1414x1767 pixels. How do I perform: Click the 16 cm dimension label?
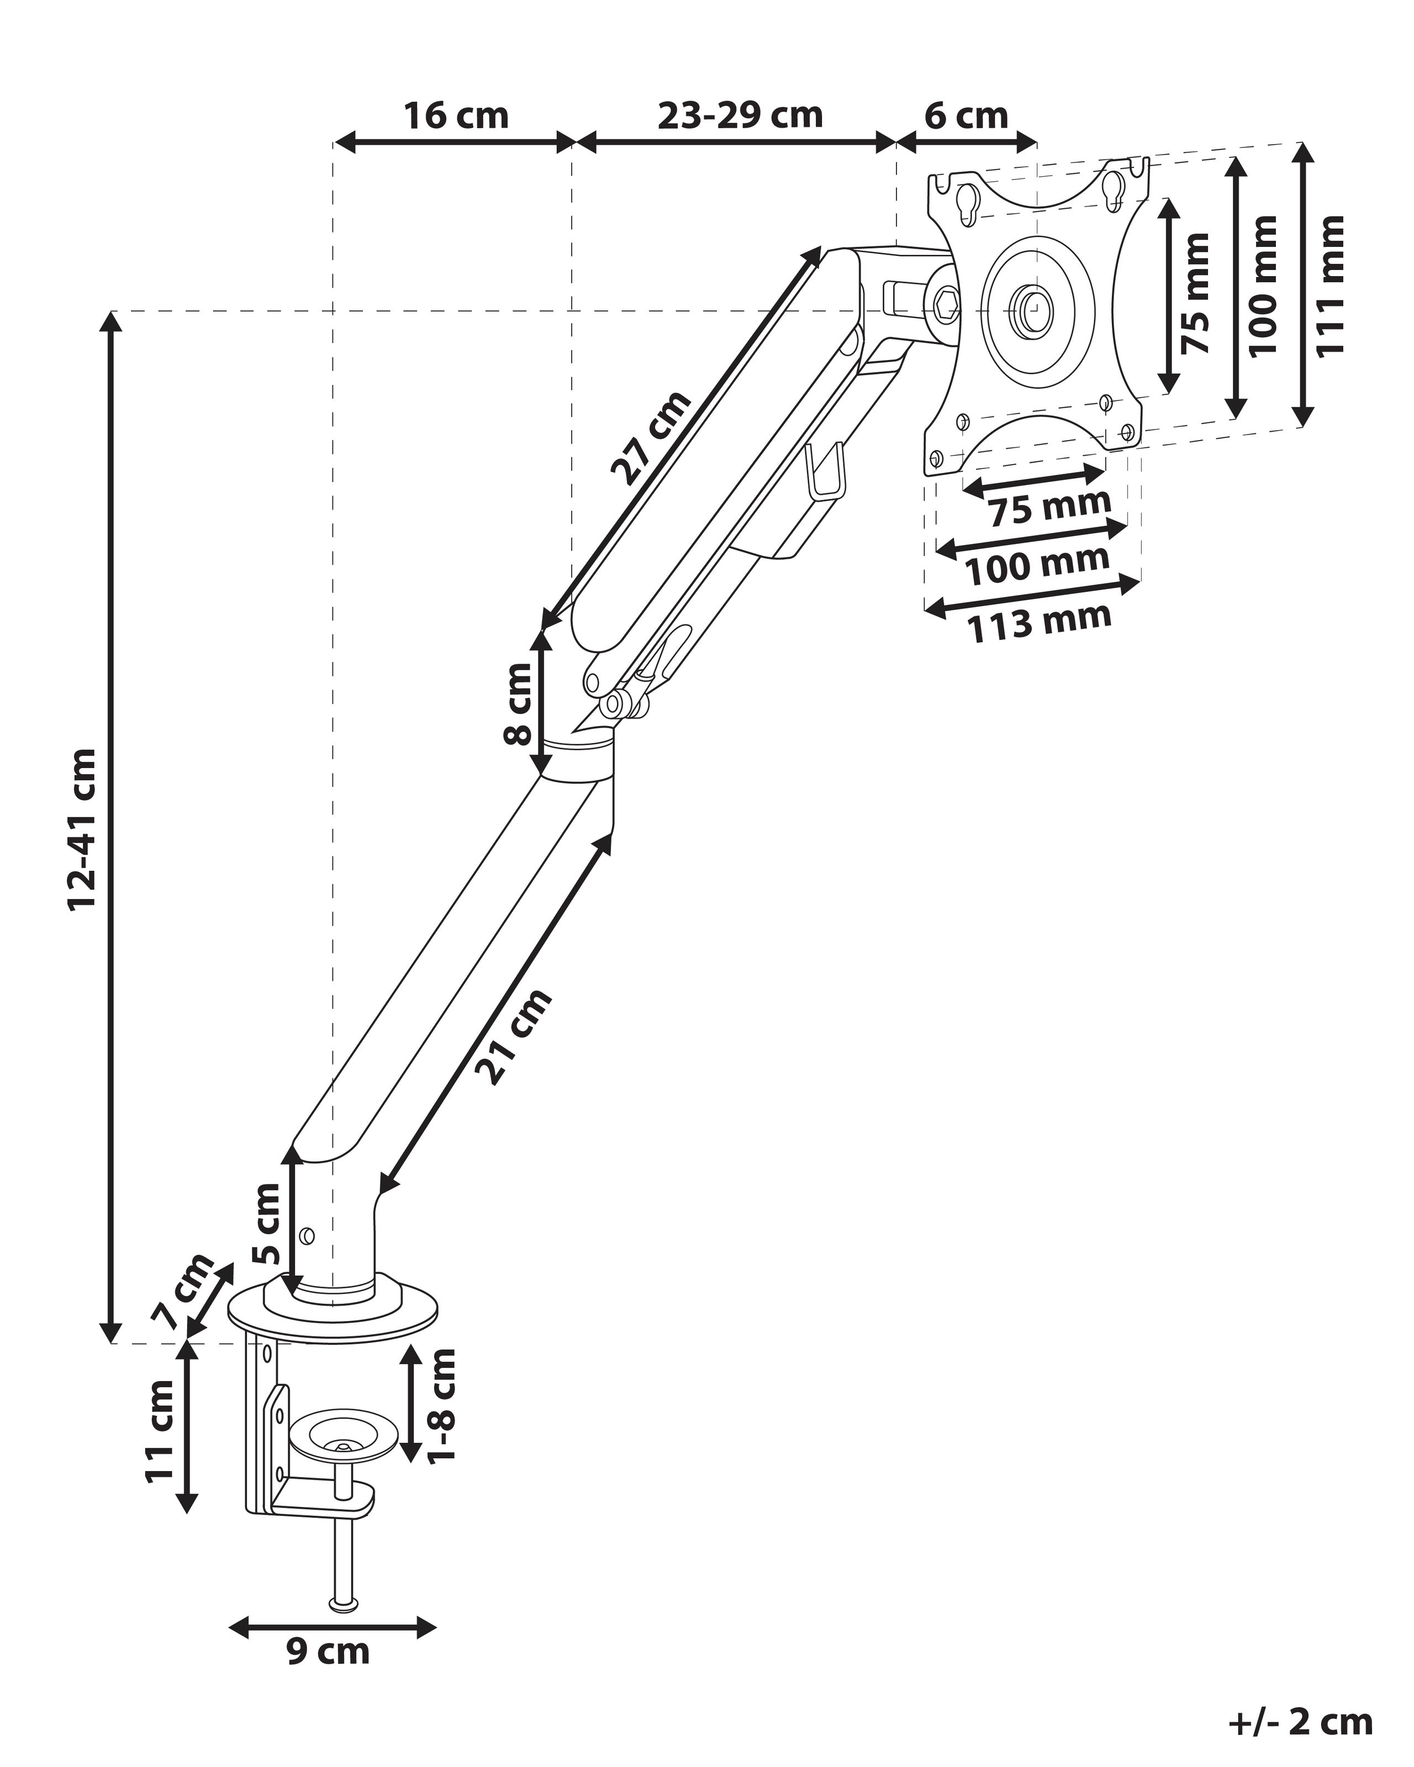455,115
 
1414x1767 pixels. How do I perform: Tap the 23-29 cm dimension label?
740,115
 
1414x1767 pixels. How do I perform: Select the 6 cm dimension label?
965,115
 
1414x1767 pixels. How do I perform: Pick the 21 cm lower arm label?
515,1037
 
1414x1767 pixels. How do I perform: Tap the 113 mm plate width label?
1040,623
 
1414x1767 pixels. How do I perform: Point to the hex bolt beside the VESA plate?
947,305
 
